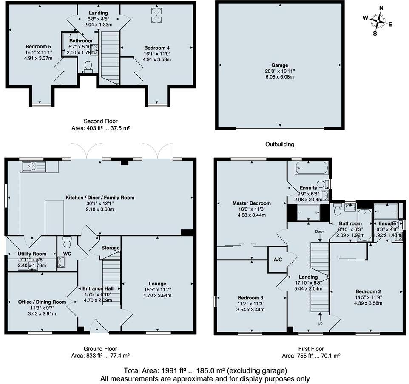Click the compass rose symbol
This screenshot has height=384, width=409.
click(x=377, y=20)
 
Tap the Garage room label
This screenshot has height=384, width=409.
click(x=280, y=65)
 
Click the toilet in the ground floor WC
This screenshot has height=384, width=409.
click(x=67, y=243)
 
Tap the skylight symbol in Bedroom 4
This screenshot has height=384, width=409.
click(x=156, y=16)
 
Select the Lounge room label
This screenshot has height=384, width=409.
click(x=157, y=284)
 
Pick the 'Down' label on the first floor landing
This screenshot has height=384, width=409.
click(x=320, y=232)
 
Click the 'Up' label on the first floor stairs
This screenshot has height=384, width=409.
click(x=320, y=323)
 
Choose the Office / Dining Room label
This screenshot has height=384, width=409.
click(x=42, y=302)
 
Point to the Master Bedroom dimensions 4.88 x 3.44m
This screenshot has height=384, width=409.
click(x=251, y=215)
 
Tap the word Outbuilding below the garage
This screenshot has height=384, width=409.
click(x=279, y=144)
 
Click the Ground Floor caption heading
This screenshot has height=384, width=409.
click(x=100, y=349)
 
